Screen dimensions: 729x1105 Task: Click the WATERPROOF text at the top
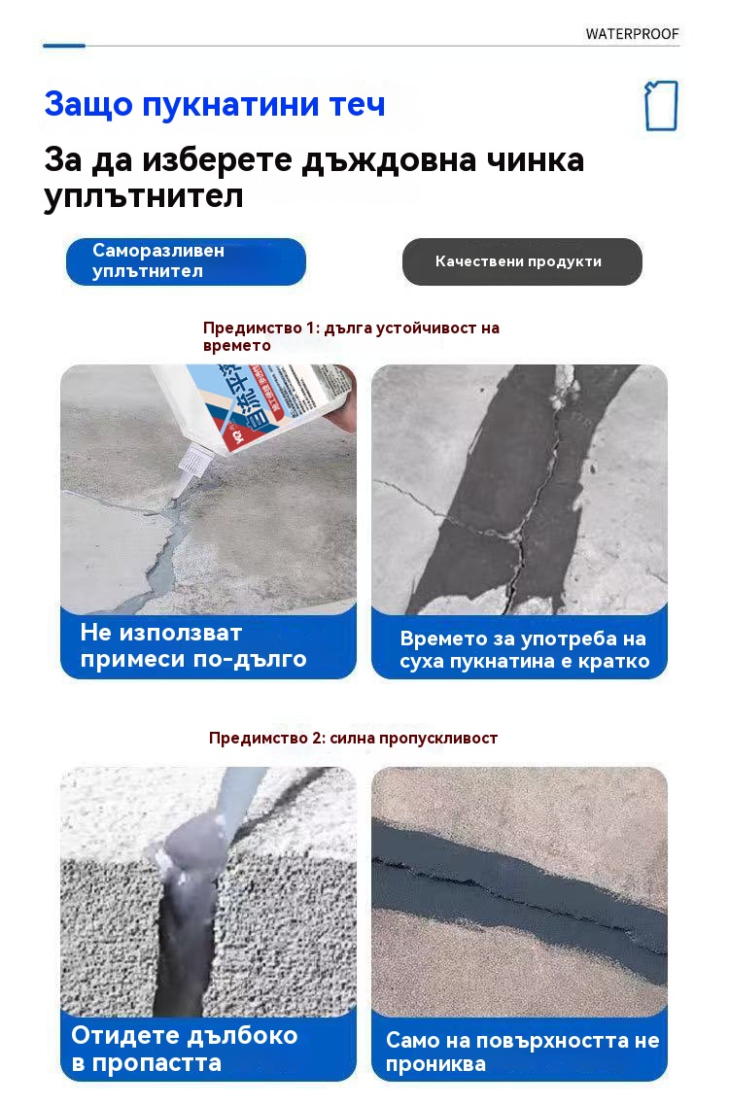click(x=632, y=34)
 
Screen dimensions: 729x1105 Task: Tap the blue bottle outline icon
click(x=661, y=106)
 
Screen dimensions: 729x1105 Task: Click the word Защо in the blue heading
click(x=88, y=105)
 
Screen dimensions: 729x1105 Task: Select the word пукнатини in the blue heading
click(x=230, y=105)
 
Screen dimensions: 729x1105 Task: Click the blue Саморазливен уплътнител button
click(x=186, y=261)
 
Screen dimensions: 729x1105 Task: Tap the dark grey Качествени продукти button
click(x=522, y=261)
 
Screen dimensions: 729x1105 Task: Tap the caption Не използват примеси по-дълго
click(x=193, y=644)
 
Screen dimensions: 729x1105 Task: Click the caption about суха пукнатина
click(x=524, y=649)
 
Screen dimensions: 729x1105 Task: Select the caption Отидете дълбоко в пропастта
click(x=185, y=1049)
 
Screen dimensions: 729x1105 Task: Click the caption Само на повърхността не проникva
click(x=522, y=1052)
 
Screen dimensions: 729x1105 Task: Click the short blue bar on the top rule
click(x=64, y=46)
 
